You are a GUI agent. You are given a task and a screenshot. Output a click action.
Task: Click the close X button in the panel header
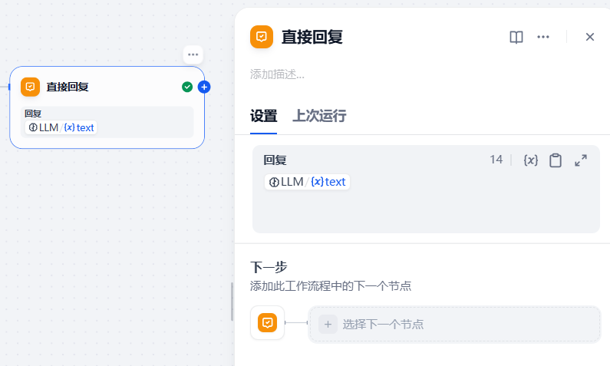click(x=590, y=37)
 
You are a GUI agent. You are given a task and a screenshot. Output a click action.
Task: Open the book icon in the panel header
click(x=516, y=38)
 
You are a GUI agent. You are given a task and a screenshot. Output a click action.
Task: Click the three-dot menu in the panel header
click(x=543, y=37)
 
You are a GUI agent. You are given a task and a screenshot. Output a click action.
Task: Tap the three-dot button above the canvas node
click(x=193, y=54)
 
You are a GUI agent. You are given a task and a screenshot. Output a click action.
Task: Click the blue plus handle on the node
click(x=204, y=87)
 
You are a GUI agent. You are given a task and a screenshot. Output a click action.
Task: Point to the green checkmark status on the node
click(x=187, y=87)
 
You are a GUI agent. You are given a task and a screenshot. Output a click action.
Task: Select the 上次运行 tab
click(x=319, y=116)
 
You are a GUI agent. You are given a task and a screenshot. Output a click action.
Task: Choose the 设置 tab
click(x=263, y=116)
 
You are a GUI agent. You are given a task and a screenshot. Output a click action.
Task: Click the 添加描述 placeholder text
click(x=277, y=74)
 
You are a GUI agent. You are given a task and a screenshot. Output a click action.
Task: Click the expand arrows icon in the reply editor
click(x=581, y=160)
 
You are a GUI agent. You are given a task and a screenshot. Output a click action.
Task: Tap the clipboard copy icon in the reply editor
click(x=556, y=160)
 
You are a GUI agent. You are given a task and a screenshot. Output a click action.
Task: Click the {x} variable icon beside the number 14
click(x=531, y=160)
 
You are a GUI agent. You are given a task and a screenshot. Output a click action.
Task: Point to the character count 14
click(x=496, y=160)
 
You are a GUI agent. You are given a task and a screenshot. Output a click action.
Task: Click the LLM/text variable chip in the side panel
click(x=308, y=182)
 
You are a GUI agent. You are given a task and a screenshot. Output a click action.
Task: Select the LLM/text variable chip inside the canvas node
click(x=61, y=127)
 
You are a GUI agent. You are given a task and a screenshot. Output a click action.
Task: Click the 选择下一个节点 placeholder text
click(x=383, y=325)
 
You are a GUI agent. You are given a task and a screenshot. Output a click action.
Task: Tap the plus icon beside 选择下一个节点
click(x=328, y=325)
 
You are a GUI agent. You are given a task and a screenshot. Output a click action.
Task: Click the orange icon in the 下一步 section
click(x=267, y=323)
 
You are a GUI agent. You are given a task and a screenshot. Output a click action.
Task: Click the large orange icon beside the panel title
click(x=262, y=37)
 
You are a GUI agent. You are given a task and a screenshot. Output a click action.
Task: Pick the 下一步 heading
click(x=269, y=267)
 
